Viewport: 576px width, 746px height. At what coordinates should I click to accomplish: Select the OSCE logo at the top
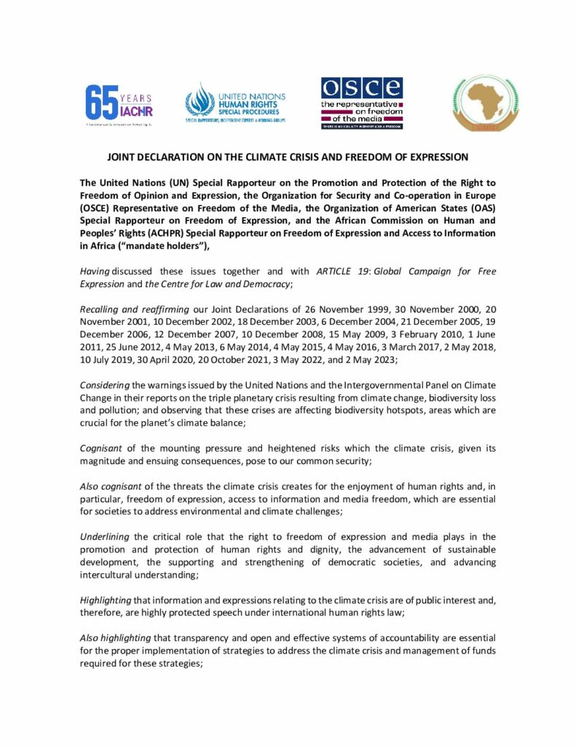(362, 102)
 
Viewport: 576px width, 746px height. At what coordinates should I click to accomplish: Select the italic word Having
(95, 271)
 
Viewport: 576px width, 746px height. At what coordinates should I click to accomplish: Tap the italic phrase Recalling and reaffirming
(125, 310)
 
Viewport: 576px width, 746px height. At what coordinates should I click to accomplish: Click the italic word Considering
(104, 388)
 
